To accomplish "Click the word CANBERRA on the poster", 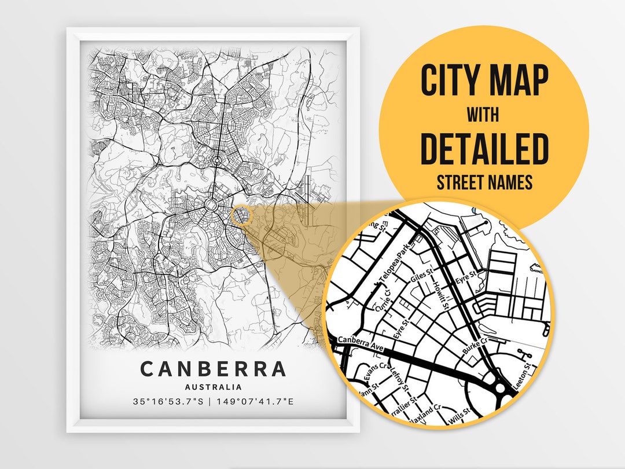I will pos(213,369).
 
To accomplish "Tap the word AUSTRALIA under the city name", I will pos(213,387).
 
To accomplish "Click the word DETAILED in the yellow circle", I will pos(484,149).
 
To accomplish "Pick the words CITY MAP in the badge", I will pos(484,81).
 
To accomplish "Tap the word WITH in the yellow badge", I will pos(484,115).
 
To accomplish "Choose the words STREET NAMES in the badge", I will pos(484,183).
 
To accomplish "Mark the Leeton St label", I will pos(528,375).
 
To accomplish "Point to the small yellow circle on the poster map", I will pos(241,215).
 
